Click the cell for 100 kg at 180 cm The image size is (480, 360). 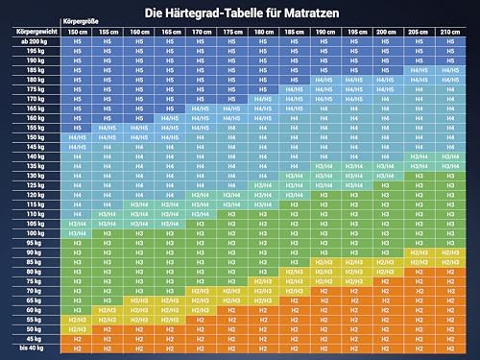pos(261,233)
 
